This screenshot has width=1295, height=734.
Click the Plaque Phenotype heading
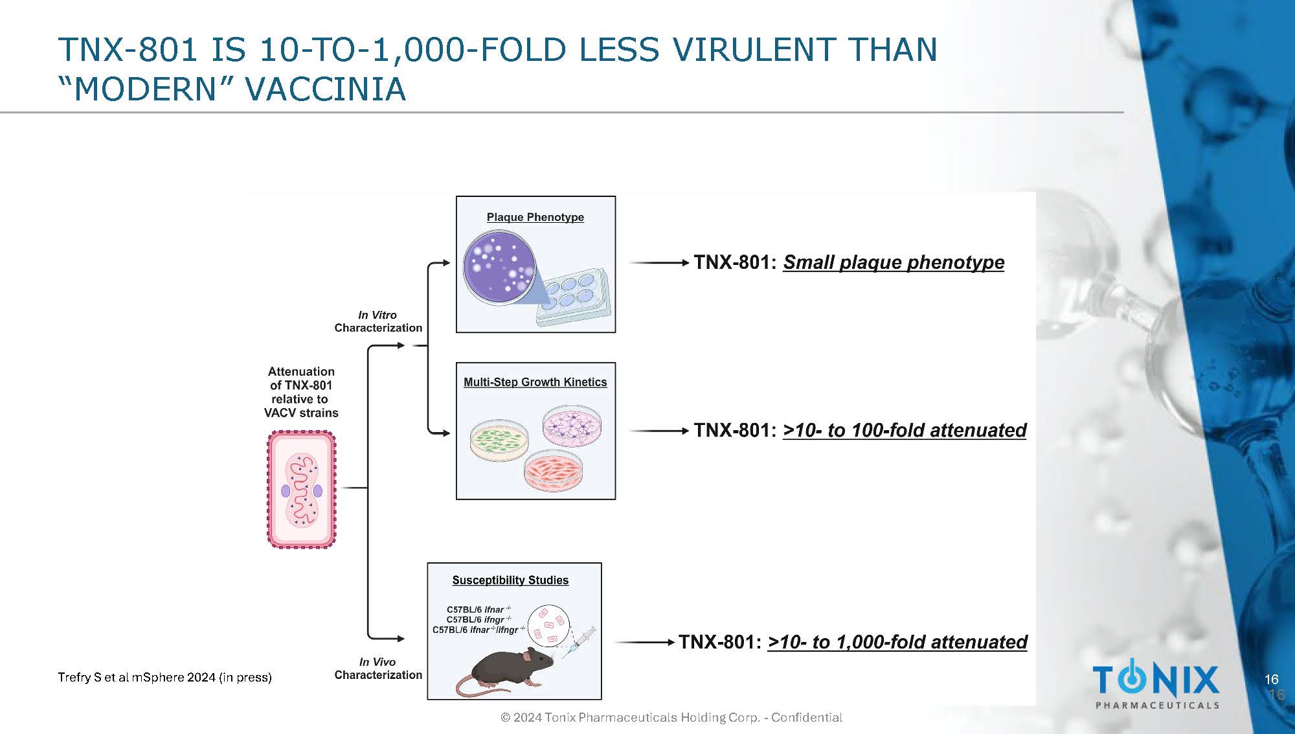click(535, 217)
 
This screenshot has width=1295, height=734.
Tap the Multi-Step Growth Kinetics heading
click(535, 382)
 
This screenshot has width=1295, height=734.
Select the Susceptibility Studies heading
click(510, 580)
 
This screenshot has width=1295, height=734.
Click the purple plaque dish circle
click(499, 268)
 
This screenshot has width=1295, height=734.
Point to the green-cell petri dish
click(499, 440)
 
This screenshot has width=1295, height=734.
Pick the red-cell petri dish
click(552, 470)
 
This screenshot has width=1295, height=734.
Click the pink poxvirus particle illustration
click(302, 490)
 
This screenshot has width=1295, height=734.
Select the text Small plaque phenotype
click(894, 262)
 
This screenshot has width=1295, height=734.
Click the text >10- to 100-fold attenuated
click(905, 430)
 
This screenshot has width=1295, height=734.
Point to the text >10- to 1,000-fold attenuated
click(897, 642)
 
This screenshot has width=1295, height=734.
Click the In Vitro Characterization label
click(378, 321)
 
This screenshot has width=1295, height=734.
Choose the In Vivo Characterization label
click(378, 669)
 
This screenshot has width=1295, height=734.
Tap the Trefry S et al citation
click(164, 678)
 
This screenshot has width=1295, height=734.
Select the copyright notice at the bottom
click(671, 718)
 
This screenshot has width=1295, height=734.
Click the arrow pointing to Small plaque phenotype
click(659, 262)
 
